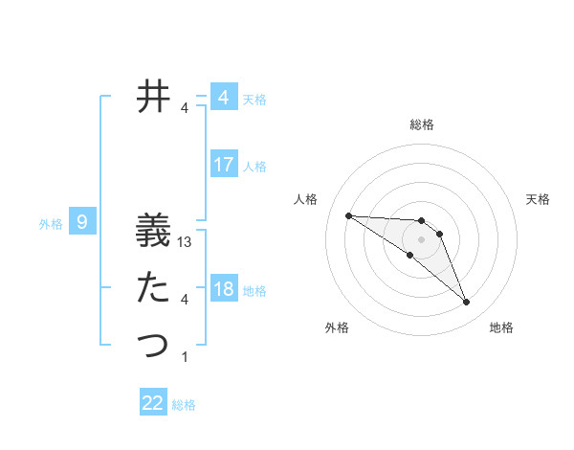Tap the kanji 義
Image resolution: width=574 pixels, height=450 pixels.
(153, 234)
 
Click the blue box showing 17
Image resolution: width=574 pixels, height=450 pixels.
(224, 165)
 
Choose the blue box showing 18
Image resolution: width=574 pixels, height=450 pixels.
(224, 289)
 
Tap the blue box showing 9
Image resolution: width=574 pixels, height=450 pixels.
(82, 223)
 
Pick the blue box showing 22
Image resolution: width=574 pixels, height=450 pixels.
(153, 403)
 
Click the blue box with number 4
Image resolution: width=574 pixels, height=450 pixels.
(224, 98)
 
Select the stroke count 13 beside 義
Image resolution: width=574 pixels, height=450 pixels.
(186, 243)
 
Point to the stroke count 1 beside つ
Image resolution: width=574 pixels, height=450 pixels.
(185, 357)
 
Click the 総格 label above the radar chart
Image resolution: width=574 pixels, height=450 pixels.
(422, 124)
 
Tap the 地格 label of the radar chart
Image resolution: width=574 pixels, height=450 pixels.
(501, 327)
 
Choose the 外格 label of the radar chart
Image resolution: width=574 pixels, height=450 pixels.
(337, 327)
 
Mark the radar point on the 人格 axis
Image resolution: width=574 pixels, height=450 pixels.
(348, 215)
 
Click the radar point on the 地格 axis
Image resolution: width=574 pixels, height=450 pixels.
(467, 303)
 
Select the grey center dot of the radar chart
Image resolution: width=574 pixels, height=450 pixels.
(421, 238)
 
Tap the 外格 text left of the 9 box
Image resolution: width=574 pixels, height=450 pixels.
(51, 224)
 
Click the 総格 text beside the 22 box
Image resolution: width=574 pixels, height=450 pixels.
(184, 405)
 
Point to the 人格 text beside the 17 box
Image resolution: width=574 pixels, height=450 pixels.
(254, 167)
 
